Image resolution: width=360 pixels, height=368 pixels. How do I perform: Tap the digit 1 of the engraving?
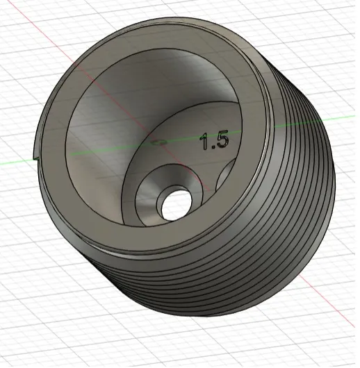point(204,142)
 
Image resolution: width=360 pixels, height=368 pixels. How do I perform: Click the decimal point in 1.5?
point(211,147)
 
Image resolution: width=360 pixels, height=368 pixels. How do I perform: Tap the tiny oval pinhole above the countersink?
point(158,141)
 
